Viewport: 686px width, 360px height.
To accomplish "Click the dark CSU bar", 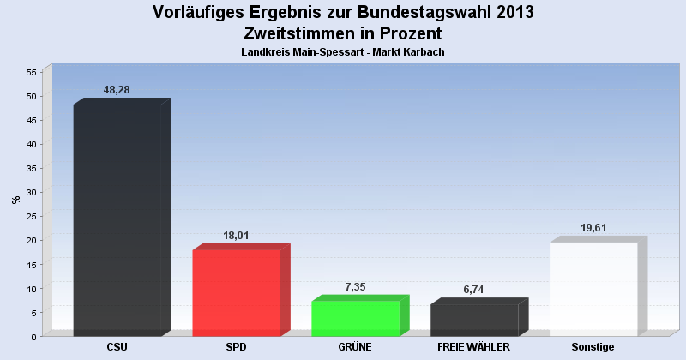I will (117, 219).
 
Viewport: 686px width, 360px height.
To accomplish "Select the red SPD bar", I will (237, 291).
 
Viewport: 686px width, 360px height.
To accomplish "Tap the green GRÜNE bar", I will (355, 317).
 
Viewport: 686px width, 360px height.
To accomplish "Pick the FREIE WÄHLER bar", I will (474, 319).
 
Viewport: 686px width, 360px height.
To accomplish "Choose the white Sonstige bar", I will (593, 288).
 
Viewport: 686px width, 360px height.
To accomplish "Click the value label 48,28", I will (117, 90).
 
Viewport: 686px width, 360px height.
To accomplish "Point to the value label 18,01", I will (236, 236).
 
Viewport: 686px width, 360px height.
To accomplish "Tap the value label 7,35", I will (355, 287).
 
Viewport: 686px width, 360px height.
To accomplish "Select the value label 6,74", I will (474, 290).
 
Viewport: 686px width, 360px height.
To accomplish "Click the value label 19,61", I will (593, 228).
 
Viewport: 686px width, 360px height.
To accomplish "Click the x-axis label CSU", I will (117, 347).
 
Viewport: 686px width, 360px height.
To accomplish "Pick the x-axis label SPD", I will (237, 347).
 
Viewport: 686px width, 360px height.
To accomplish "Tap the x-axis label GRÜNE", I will (355, 347).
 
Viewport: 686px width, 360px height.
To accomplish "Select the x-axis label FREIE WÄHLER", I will (474, 347).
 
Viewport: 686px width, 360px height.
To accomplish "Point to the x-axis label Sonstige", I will (593, 347).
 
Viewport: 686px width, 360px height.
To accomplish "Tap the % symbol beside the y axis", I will (15, 200).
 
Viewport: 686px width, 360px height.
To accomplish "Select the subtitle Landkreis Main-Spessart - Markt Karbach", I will (343, 52).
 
